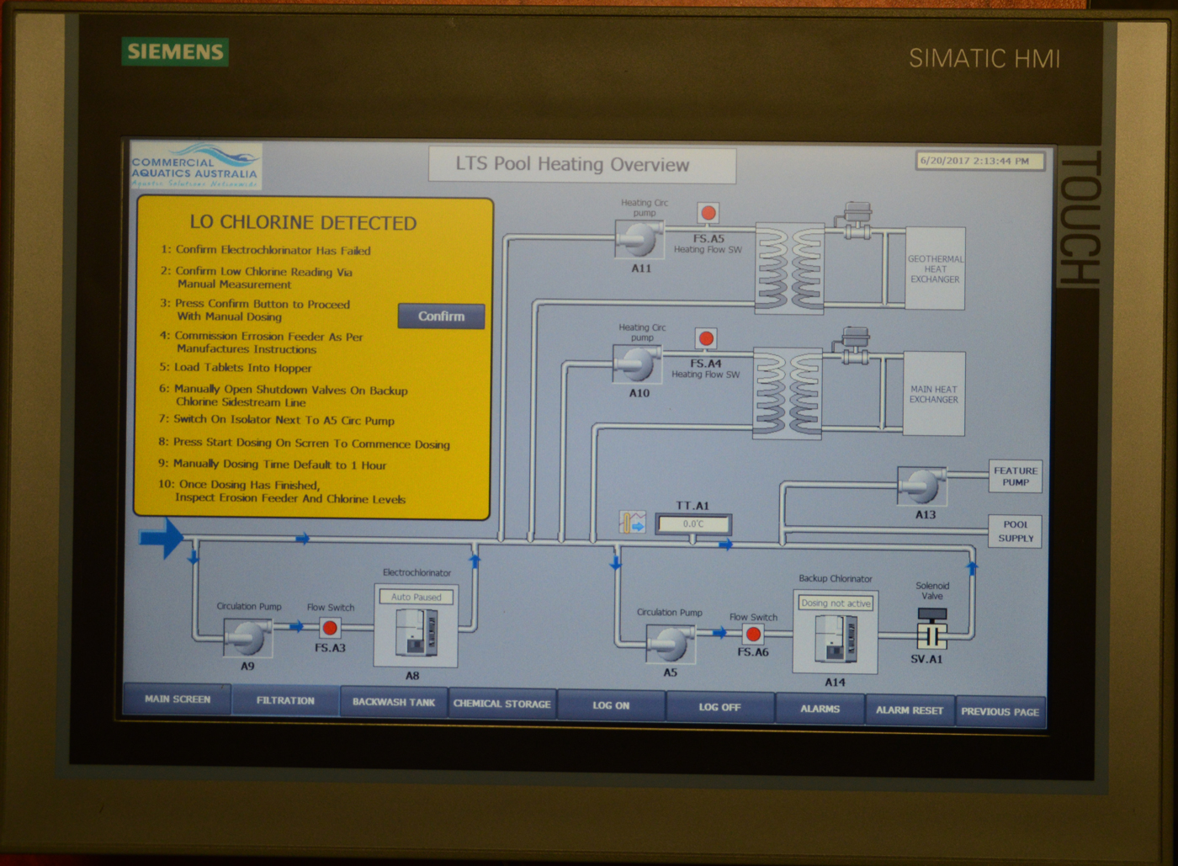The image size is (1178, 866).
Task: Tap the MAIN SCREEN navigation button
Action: click(x=178, y=699)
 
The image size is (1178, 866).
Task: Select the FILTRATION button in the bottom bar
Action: click(x=285, y=701)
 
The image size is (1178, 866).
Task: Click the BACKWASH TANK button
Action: click(x=394, y=702)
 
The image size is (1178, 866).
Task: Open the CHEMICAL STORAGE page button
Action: click(x=502, y=704)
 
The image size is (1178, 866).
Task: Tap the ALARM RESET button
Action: click(x=909, y=710)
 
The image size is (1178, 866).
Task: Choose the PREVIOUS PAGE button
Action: click(x=1000, y=712)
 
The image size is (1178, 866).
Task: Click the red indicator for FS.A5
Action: click(x=708, y=213)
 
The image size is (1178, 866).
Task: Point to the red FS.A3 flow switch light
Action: click(x=331, y=628)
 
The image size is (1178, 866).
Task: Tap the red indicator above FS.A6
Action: click(x=753, y=634)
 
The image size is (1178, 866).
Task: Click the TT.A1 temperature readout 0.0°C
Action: click(x=693, y=524)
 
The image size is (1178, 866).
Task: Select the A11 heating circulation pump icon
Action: click(x=639, y=239)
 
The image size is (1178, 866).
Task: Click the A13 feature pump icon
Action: click(x=922, y=486)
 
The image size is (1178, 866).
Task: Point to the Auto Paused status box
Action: click(x=417, y=597)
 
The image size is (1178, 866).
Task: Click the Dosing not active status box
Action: click(x=836, y=603)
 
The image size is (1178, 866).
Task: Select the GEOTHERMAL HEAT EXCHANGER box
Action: click(x=935, y=268)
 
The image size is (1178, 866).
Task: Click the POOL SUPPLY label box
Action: click(x=1016, y=532)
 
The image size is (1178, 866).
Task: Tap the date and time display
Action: click(x=979, y=161)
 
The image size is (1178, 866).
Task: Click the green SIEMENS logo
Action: click(x=175, y=52)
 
